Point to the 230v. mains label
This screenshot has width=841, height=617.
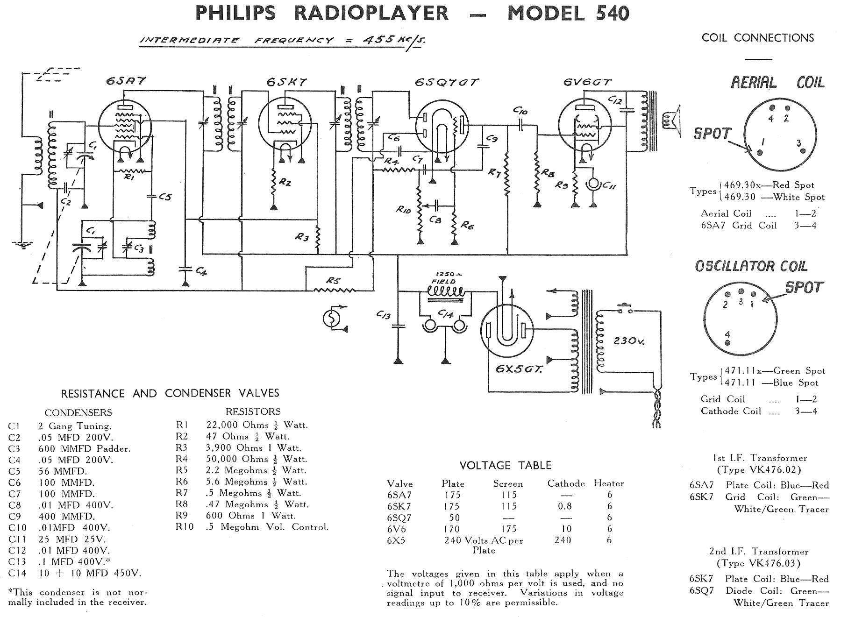pos(629,341)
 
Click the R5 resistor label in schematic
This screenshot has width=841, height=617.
pos(333,281)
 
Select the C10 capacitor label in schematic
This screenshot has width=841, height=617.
pos(520,111)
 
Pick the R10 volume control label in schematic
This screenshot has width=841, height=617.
pos(403,210)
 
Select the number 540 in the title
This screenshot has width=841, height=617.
pos(606,13)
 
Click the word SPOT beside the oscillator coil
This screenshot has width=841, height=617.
pos(804,287)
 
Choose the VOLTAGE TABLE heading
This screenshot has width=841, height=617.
pos(505,465)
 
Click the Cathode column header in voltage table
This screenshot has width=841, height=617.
pos(566,483)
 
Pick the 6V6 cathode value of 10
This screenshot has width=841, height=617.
pos(566,529)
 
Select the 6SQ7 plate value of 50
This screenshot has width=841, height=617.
pos(454,518)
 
